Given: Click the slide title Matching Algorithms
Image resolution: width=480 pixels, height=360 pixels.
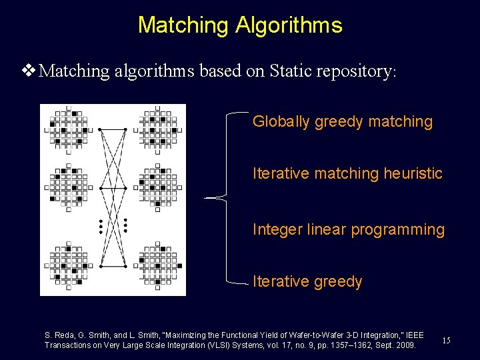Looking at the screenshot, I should click(240, 25).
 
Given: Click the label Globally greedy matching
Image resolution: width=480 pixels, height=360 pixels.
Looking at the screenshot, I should click(343, 121).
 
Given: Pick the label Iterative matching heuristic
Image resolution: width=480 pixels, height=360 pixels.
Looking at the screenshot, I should click(347, 173).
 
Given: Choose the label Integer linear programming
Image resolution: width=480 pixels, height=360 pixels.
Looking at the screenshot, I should click(348, 229).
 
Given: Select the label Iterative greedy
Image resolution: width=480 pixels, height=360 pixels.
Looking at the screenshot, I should click(307, 281).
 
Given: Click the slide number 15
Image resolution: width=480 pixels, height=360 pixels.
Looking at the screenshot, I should click(446, 341).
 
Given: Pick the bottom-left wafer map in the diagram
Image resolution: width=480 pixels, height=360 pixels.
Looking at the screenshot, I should click(68, 266).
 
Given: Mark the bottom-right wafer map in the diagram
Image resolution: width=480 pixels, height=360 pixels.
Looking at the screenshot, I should click(157, 266).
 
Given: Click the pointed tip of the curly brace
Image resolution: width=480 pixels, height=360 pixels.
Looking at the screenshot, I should click(205, 198).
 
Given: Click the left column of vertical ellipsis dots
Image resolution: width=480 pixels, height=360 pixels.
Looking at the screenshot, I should click(101, 227).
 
